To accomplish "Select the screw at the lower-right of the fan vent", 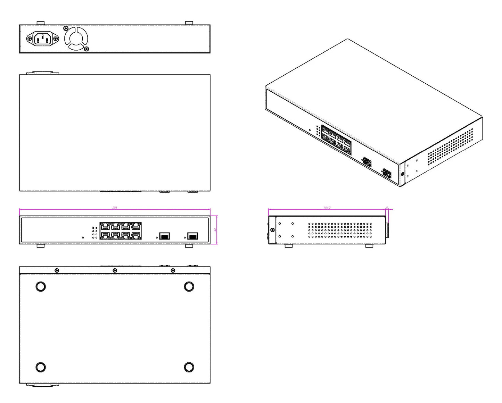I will pyautogui.click(x=87, y=49).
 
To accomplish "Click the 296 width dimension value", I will pyautogui.click(x=115, y=208).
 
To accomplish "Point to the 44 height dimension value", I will pyautogui.click(x=215, y=230).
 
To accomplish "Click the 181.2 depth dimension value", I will pyautogui.click(x=327, y=208).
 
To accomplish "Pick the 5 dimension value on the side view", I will pyautogui.click(x=387, y=208).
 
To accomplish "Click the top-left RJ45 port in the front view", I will pyautogui.click(x=105, y=226).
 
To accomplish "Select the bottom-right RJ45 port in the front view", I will pyautogui.click(x=136, y=235).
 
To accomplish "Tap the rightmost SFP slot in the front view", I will pyautogui.click(x=192, y=236).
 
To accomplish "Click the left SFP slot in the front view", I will pyautogui.click(x=164, y=236).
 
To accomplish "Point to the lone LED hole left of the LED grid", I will pyautogui.click(x=83, y=238).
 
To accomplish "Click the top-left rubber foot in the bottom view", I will pyautogui.click(x=41, y=286).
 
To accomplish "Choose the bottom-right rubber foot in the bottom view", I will pyautogui.click(x=189, y=367).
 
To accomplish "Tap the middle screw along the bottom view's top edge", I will pyautogui.click(x=115, y=270).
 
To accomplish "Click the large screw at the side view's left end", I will pyautogui.click(x=272, y=230).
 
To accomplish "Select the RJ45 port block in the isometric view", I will pyautogui.click(x=336, y=140).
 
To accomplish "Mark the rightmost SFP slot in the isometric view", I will pyautogui.click(x=386, y=174).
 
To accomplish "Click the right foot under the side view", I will pyautogui.click(x=369, y=246).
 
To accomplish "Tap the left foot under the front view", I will pyautogui.click(x=41, y=246).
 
